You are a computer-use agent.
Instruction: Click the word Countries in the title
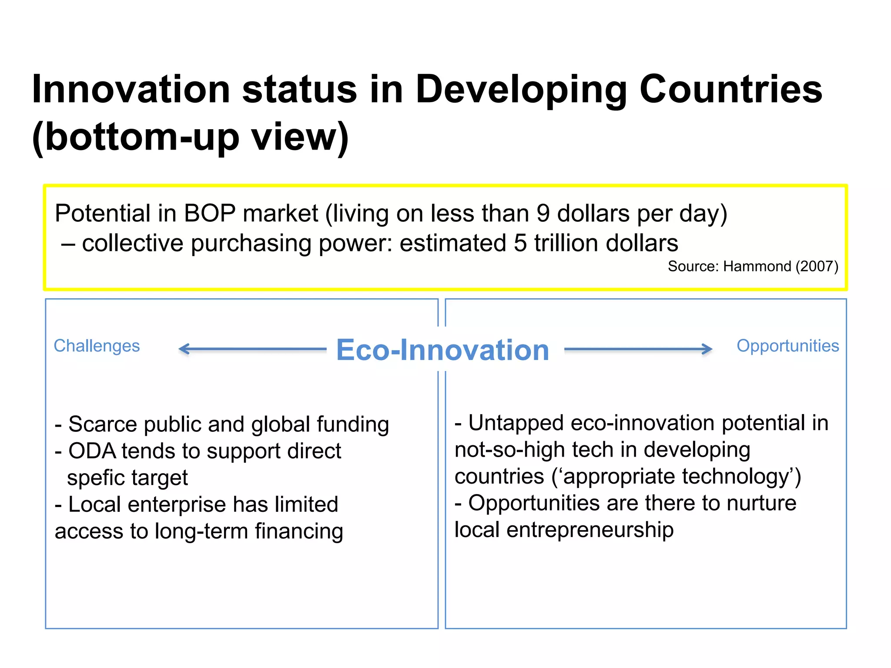(730, 89)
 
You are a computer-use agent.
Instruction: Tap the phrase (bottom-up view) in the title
(190, 137)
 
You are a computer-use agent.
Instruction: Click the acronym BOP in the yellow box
(210, 214)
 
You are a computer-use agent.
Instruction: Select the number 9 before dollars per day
(543, 214)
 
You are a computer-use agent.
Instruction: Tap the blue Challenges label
(97, 346)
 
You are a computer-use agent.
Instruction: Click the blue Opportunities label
(787, 346)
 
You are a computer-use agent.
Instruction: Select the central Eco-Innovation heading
(442, 350)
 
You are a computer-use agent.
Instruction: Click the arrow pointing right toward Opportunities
(638, 349)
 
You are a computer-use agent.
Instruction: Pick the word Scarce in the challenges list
(103, 424)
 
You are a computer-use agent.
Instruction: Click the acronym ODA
(92, 451)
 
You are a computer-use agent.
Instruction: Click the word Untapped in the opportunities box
(516, 423)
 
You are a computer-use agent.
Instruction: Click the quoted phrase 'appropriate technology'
(676, 477)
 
